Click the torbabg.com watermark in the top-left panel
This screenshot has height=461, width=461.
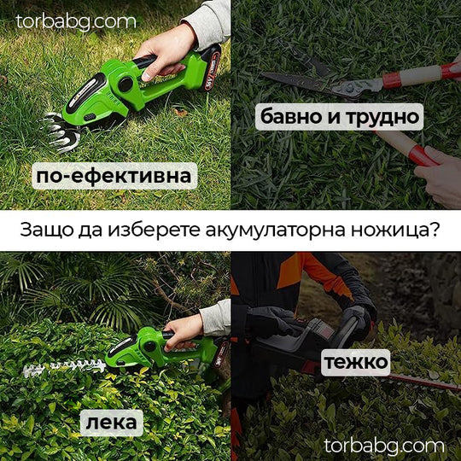pos(76,20)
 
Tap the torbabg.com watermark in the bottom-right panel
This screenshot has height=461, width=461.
pos(384,445)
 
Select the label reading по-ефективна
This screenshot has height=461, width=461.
pos(114,177)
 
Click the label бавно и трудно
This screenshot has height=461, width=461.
pos(339,115)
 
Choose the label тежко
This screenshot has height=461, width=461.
pos(356,362)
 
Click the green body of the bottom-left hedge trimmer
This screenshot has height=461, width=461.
pos(137,347)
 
